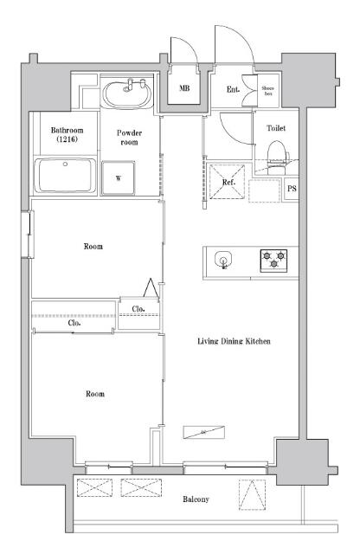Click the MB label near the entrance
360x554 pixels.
184,88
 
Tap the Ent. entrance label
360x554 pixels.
233,88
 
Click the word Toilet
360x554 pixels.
276,129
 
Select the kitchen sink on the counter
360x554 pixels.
224,259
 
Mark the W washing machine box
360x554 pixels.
118,179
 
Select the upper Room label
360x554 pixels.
93,247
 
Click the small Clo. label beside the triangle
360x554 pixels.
138,309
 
